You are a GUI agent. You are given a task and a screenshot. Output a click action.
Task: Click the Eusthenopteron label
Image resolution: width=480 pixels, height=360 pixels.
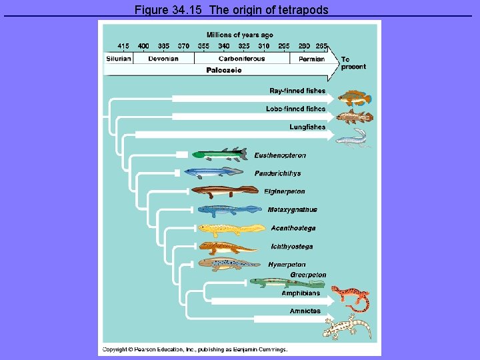point(280,155)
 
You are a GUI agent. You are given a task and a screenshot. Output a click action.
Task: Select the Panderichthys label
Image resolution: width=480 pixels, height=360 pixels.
point(277,173)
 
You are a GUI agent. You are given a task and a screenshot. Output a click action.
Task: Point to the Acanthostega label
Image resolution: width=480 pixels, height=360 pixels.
point(293,228)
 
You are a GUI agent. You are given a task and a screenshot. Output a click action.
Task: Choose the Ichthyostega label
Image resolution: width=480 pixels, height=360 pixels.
point(292,247)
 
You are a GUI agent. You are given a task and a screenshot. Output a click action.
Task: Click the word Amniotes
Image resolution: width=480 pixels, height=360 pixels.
point(305,311)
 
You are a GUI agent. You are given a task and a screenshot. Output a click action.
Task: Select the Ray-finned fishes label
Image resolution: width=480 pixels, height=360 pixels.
point(297,91)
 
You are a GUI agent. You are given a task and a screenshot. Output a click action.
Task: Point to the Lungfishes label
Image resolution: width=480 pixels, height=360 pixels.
point(307,127)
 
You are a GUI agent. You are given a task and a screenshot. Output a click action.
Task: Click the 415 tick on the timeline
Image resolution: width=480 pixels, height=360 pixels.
point(123,46)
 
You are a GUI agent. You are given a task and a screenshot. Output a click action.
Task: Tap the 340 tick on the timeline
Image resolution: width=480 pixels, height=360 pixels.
point(224,46)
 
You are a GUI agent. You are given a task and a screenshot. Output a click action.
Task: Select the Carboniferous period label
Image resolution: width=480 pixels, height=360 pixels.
point(241,59)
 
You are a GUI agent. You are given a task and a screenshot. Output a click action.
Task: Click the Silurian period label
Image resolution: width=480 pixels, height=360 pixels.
point(118,59)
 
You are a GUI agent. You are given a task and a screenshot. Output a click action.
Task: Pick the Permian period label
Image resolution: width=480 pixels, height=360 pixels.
point(311,59)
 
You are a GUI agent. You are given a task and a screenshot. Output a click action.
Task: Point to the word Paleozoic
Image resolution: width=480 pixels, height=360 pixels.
point(224,70)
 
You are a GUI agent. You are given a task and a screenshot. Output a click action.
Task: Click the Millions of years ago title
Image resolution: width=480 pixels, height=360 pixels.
point(239,35)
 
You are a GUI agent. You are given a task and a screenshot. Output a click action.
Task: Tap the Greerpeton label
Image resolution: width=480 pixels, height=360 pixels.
point(308,275)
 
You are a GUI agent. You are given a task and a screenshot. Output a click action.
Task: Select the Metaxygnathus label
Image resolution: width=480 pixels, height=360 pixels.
point(292,209)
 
